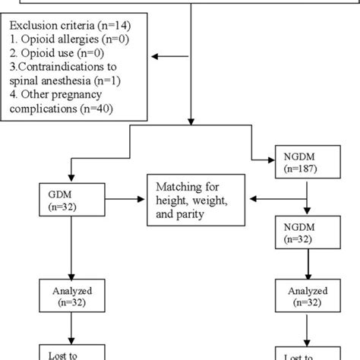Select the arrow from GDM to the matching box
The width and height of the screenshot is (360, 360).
pyautogui.click(x=122, y=200)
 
